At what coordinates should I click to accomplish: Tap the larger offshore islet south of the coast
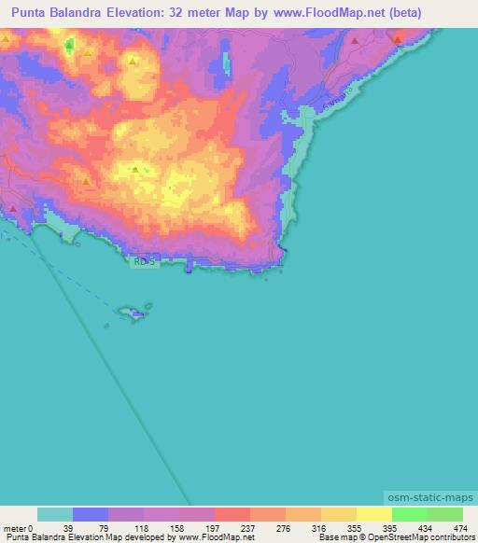[x=137, y=313]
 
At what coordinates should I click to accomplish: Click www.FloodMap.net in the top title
[x=307, y=13]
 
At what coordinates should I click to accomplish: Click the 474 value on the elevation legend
[x=459, y=529]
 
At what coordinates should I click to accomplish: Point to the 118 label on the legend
[x=109, y=529]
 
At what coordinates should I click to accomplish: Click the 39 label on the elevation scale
[x=38, y=529]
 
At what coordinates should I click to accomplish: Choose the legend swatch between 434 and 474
[x=445, y=515]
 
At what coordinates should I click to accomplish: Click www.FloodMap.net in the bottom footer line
[x=216, y=537]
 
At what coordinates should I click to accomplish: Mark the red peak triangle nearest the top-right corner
[x=398, y=39]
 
